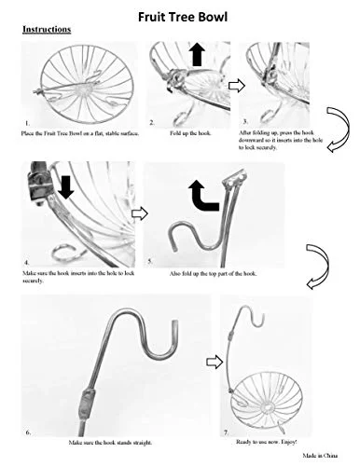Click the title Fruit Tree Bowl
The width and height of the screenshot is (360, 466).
click(x=183, y=17)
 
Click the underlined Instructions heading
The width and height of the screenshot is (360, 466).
click(x=47, y=29)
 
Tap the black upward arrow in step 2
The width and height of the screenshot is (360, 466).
click(x=197, y=54)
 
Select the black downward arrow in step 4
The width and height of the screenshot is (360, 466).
click(x=66, y=186)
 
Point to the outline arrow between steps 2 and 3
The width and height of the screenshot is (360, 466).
click(x=237, y=86)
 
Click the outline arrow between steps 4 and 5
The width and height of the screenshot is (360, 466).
click(x=140, y=213)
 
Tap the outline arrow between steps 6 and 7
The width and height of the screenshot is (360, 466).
click(x=215, y=362)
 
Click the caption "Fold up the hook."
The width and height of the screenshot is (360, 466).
click(x=190, y=133)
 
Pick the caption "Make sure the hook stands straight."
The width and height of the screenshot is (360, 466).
click(x=110, y=443)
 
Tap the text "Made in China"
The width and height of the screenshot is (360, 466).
click(x=320, y=456)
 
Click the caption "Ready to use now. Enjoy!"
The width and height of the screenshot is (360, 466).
click(x=267, y=442)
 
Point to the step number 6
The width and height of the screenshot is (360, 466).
click(x=28, y=432)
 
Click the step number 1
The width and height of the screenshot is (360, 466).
click(x=27, y=124)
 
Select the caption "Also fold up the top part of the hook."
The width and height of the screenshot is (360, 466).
click(x=213, y=274)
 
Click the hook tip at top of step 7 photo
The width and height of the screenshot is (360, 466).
click(x=263, y=317)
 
